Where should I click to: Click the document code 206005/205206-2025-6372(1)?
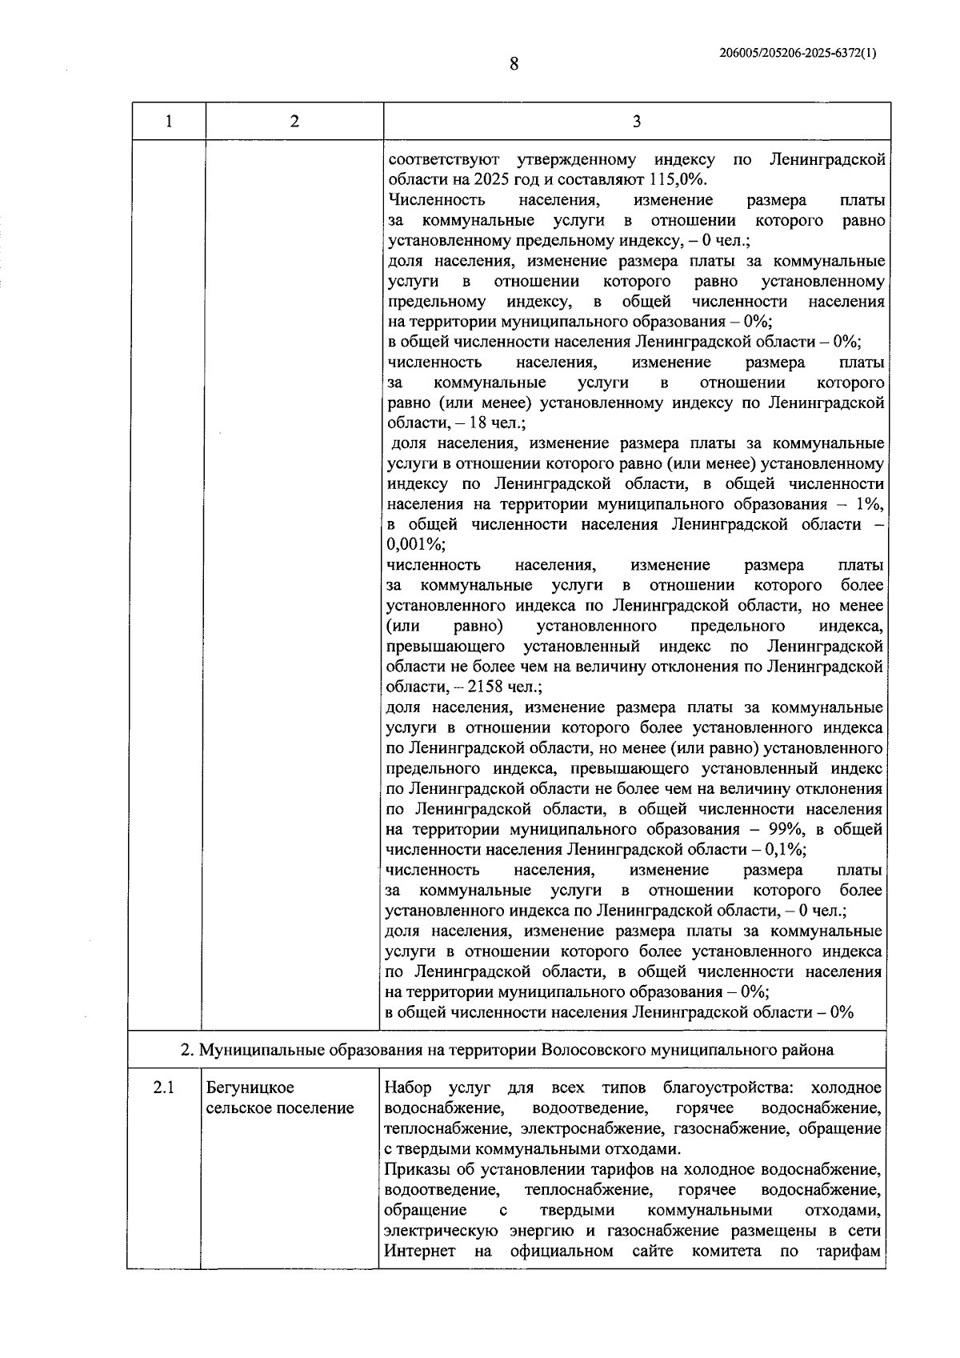pyautogui.click(x=798, y=54)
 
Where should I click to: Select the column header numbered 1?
pyautogui.click(x=168, y=122)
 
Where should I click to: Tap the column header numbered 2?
pyautogui.click(x=294, y=122)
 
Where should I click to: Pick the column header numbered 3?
pyautogui.click(x=636, y=122)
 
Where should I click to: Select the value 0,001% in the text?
pyautogui.click(x=414, y=545)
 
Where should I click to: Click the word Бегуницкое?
pyautogui.click(x=250, y=1088)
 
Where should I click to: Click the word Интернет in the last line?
pyautogui.click(x=420, y=1252)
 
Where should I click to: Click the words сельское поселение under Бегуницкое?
pyautogui.click(x=280, y=1109)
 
